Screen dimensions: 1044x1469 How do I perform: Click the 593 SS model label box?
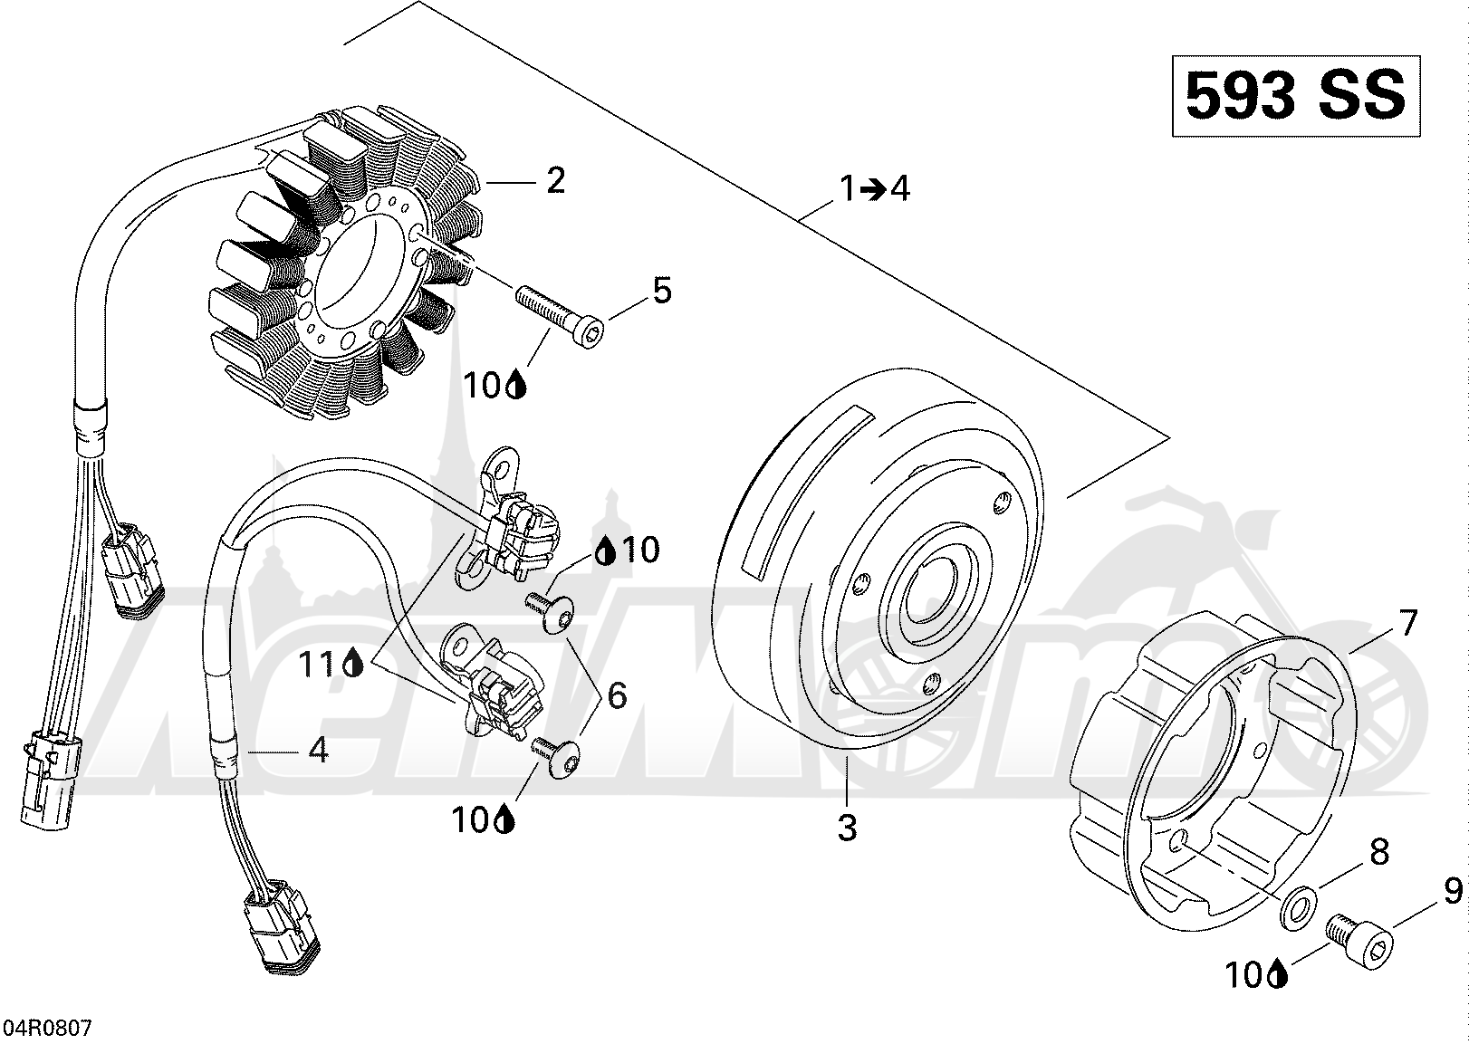[x=1295, y=95]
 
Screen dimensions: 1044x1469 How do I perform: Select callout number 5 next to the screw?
[x=662, y=292]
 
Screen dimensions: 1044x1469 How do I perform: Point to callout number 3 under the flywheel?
[x=847, y=828]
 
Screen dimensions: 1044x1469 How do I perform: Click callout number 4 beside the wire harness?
[x=318, y=750]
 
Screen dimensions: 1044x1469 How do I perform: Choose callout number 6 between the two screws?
[x=617, y=695]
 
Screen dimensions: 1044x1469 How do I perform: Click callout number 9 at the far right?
[x=1453, y=900]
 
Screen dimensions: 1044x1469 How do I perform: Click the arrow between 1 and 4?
[x=873, y=189]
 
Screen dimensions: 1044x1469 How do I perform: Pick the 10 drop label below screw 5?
[x=494, y=387]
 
